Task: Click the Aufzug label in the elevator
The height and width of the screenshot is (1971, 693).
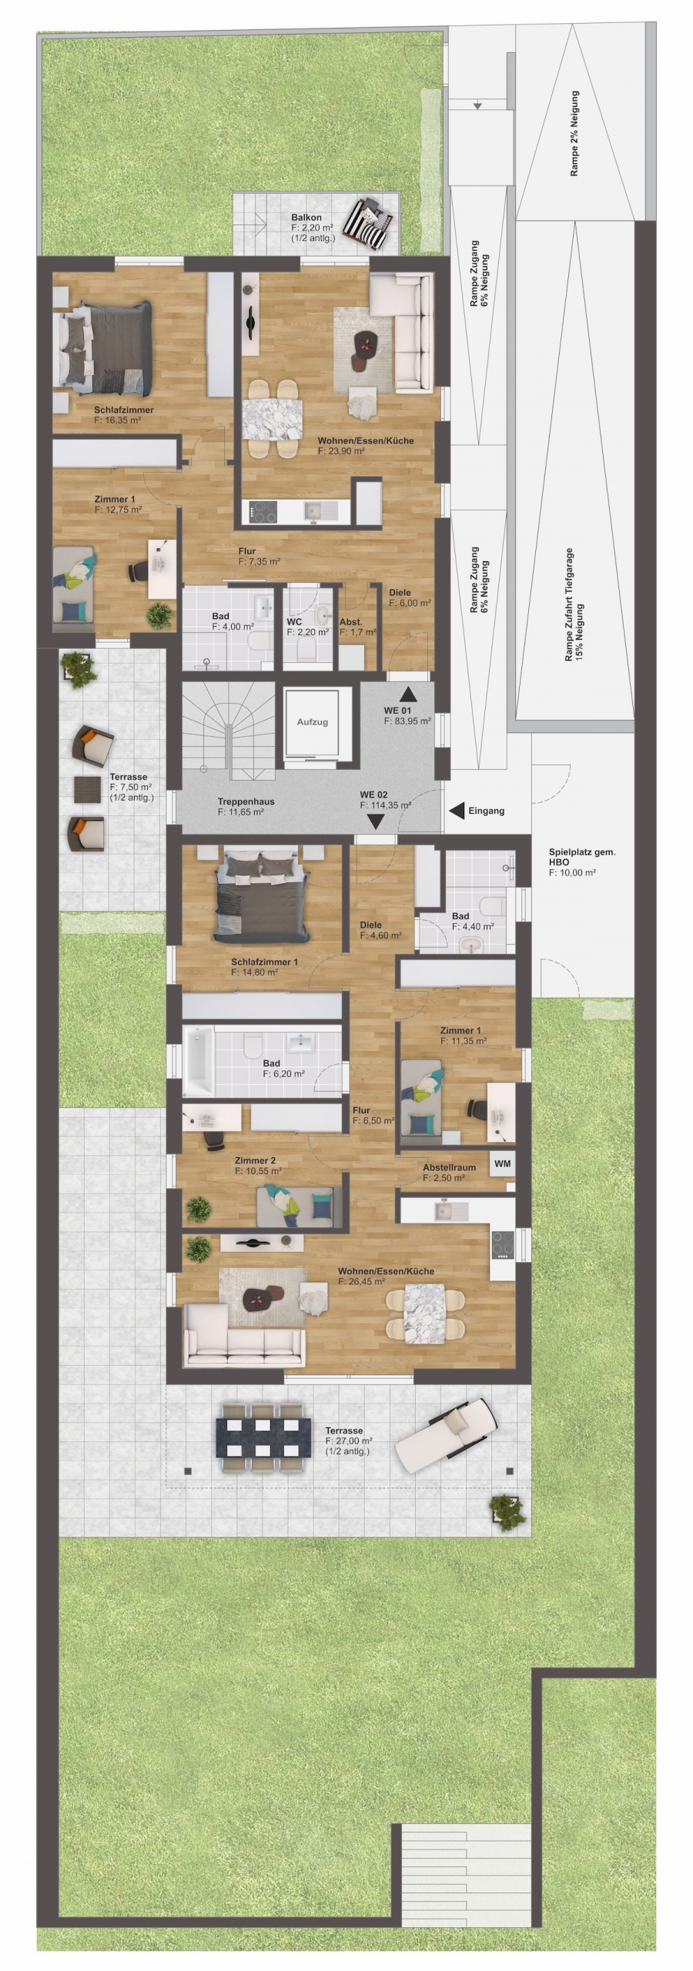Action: (x=313, y=722)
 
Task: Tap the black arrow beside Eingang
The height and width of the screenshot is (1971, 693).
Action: (x=457, y=810)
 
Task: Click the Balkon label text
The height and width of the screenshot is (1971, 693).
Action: (x=306, y=218)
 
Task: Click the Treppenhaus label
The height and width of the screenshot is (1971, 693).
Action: (x=246, y=801)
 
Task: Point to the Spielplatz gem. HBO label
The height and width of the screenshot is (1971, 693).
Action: (x=582, y=857)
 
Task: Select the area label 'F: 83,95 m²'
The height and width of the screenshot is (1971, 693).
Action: (x=407, y=721)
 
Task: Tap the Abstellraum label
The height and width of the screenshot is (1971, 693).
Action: (x=449, y=1167)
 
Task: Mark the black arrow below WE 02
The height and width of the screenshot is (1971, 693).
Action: (x=377, y=822)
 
